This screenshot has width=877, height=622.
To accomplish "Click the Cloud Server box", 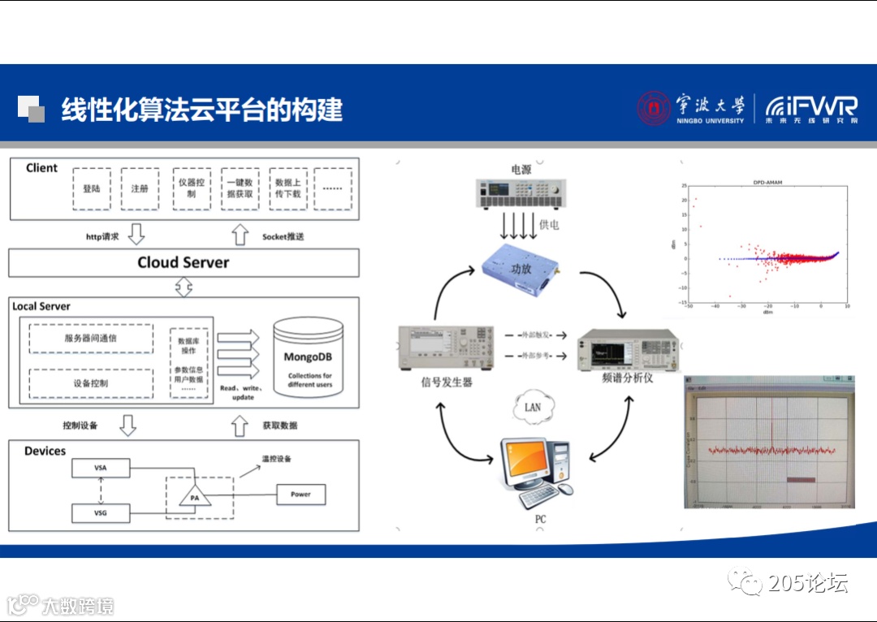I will tap(184, 262).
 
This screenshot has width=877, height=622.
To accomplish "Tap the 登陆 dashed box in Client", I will tap(92, 189).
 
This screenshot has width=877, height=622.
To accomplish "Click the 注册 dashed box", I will tap(140, 189).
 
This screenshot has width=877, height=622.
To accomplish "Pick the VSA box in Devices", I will tap(101, 469).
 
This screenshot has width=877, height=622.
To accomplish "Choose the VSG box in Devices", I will tap(101, 513).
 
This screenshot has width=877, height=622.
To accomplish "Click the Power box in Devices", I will tap(300, 494).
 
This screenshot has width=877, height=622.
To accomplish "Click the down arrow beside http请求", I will tap(136, 235).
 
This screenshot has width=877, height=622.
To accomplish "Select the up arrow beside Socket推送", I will tap(240, 235).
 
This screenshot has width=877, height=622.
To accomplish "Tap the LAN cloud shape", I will tap(533, 406).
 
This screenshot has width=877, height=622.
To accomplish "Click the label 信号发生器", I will tap(446, 381).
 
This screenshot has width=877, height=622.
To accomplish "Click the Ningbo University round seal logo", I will tap(655, 108).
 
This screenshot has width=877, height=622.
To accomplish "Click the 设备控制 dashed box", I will tap(91, 383).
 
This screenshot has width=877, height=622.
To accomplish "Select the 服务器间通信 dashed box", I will tap(91, 339).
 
